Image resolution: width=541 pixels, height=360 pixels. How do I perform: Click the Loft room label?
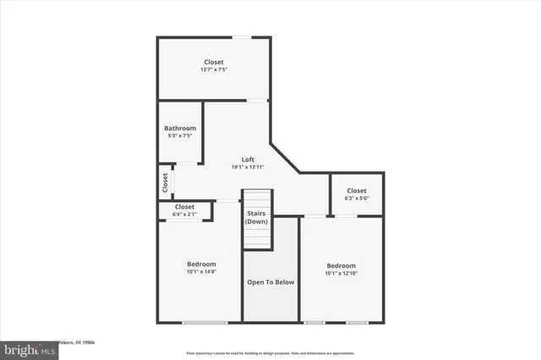(x=248, y=159)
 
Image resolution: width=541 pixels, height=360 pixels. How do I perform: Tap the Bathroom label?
(x=180, y=128)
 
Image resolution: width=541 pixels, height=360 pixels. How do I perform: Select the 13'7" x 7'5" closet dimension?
(x=214, y=69)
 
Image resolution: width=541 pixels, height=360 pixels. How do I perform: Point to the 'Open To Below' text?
(x=270, y=281)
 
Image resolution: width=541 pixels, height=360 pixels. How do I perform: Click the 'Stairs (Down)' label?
(x=256, y=217)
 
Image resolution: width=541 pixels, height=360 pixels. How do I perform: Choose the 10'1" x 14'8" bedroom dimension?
(x=201, y=271)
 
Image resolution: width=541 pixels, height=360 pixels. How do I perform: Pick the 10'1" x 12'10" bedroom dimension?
(x=342, y=273)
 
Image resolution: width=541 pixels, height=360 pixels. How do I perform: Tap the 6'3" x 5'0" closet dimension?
(x=356, y=199)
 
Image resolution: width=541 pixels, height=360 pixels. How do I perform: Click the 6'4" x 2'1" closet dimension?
(x=184, y=215)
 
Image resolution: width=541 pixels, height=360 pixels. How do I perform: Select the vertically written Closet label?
(x=165, y=183)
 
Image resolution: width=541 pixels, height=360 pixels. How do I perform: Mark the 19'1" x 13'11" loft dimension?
(x=248, y=166)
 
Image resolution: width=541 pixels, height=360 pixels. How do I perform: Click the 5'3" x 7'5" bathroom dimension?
(x=180, y=136)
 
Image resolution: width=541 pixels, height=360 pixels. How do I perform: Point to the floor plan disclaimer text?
(x=270, y=352)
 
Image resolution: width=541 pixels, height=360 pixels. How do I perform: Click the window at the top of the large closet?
(x=242, y=36)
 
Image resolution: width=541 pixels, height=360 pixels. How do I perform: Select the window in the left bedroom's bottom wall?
(x=205, y=322)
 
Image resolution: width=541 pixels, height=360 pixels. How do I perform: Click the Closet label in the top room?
(x=214, y=62)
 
